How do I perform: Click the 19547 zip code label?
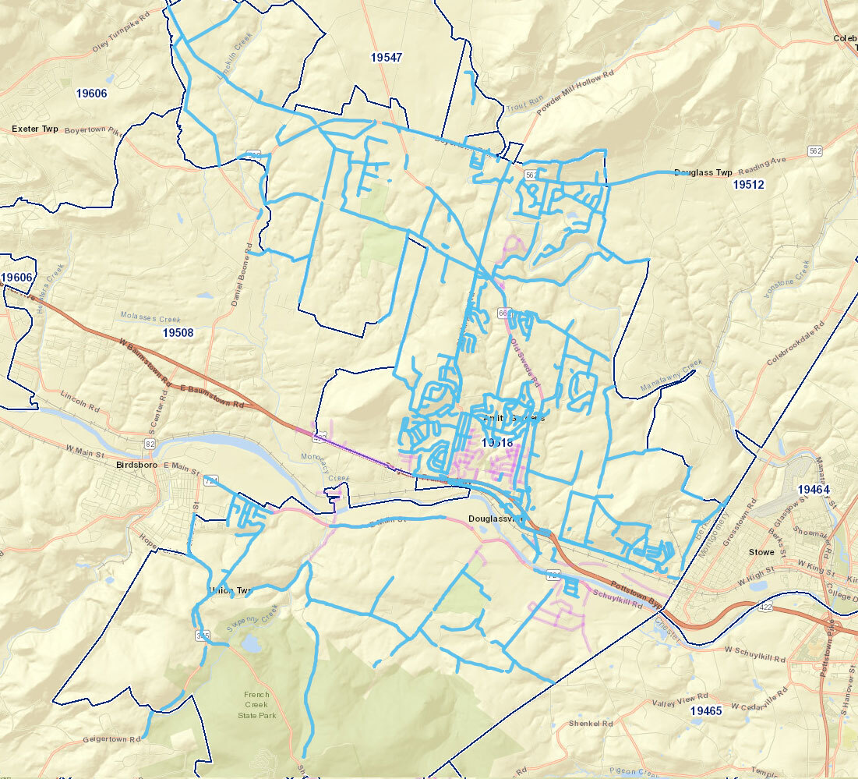tap(387, 58)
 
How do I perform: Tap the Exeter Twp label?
tap(35, 128)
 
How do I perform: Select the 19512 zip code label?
tap(748, 185)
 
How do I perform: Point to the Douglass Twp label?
tap(703, 172)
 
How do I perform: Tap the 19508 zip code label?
tap(178, 332)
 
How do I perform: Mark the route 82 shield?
tap(150, 444)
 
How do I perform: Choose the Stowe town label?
tap(761, 552)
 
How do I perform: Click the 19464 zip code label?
tap(814, 489)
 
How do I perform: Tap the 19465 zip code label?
tap(706, 711)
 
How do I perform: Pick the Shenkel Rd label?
tap(591, 723)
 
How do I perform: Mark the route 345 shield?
tap(204, 637)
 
